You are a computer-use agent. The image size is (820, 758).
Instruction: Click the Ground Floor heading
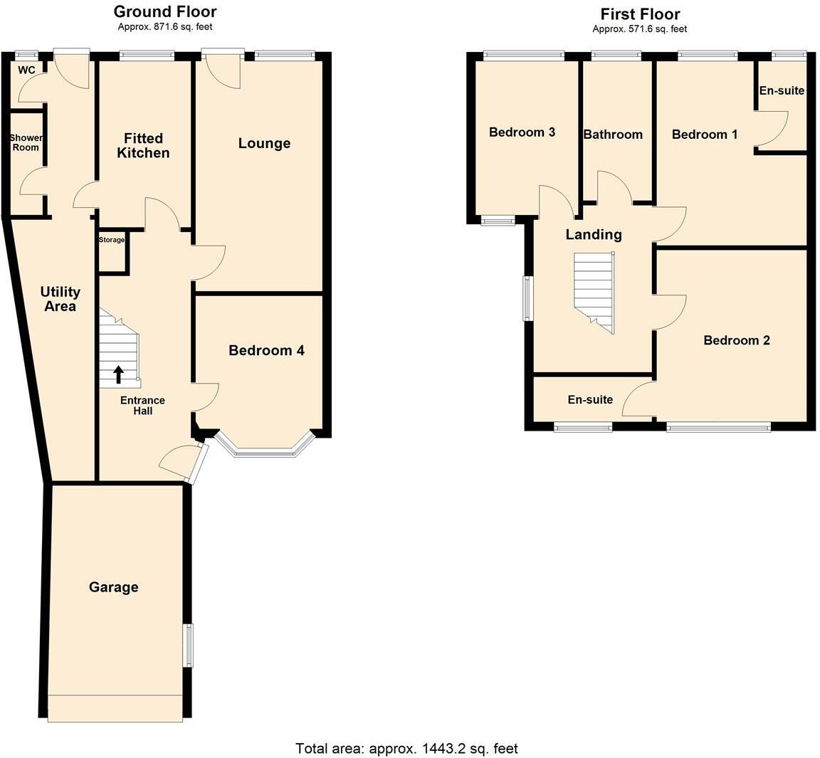[165, 11]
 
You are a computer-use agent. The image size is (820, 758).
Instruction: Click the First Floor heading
[639, 14]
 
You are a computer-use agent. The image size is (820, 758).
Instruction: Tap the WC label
[26, 70]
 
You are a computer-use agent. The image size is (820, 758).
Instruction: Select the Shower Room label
[26, 142]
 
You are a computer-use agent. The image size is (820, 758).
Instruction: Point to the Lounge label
[264, 143]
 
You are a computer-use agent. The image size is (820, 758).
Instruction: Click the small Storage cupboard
[112, 251]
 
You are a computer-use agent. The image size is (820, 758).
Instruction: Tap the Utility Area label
[60, 299]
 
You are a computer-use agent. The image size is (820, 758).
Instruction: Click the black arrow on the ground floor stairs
[118, 374]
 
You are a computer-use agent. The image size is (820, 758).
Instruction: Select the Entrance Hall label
[142, 406]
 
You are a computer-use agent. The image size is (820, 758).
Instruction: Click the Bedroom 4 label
[266, 350]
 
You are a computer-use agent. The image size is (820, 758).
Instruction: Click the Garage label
[114, 587]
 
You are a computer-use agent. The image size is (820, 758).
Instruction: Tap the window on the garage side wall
[188, 645]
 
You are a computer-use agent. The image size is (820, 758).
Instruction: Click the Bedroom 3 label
[522, 132]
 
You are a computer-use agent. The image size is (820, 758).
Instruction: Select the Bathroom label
[613, 135]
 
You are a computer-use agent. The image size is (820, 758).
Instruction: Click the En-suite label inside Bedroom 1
[782, 90]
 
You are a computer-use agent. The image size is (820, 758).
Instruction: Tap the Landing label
[594, 234]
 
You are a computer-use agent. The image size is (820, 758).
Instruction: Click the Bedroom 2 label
[737, 340]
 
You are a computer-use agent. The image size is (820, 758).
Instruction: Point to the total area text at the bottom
[406, 748]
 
